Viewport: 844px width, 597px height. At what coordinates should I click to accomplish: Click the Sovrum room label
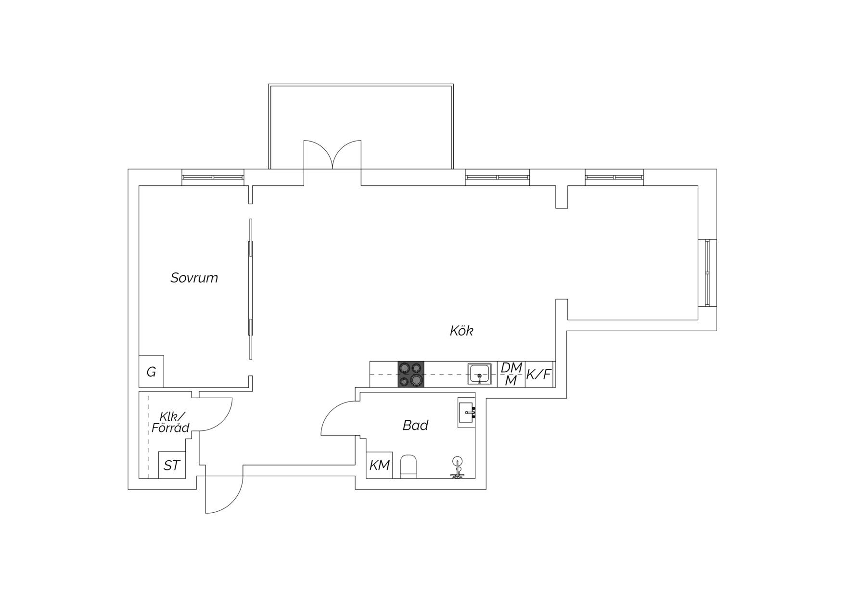click(x=194, y=278)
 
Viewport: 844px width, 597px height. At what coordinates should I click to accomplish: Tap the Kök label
click(x=462, y=331)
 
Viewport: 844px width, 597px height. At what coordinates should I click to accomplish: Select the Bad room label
click(x=415, y=425)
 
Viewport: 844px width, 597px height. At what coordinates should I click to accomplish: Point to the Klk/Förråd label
click(x=171, y=422)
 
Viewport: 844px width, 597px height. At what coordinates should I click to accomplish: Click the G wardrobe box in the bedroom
click(x=151, y=371)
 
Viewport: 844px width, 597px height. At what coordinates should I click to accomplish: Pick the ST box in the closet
click(x=172, y=465)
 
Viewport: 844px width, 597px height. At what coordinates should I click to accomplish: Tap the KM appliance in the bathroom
click(x=379, y=465)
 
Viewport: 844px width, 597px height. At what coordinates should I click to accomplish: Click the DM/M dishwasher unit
click(x=511, y=374)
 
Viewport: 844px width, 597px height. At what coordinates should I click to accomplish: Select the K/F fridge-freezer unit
click(x=539, y=374)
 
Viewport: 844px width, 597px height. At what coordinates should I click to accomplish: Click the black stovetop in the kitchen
click(x=411, y=374)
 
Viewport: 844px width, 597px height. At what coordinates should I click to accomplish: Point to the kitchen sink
click(x=480, y=374)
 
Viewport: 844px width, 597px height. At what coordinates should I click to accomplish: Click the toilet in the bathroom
click(x=409, y=466)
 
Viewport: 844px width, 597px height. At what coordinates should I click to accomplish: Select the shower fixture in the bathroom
click(x=457, y=467)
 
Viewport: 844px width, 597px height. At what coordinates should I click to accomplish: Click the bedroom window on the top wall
click(x=213, y=177)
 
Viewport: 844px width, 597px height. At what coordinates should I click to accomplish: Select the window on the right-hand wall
click(x=707, y=273)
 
